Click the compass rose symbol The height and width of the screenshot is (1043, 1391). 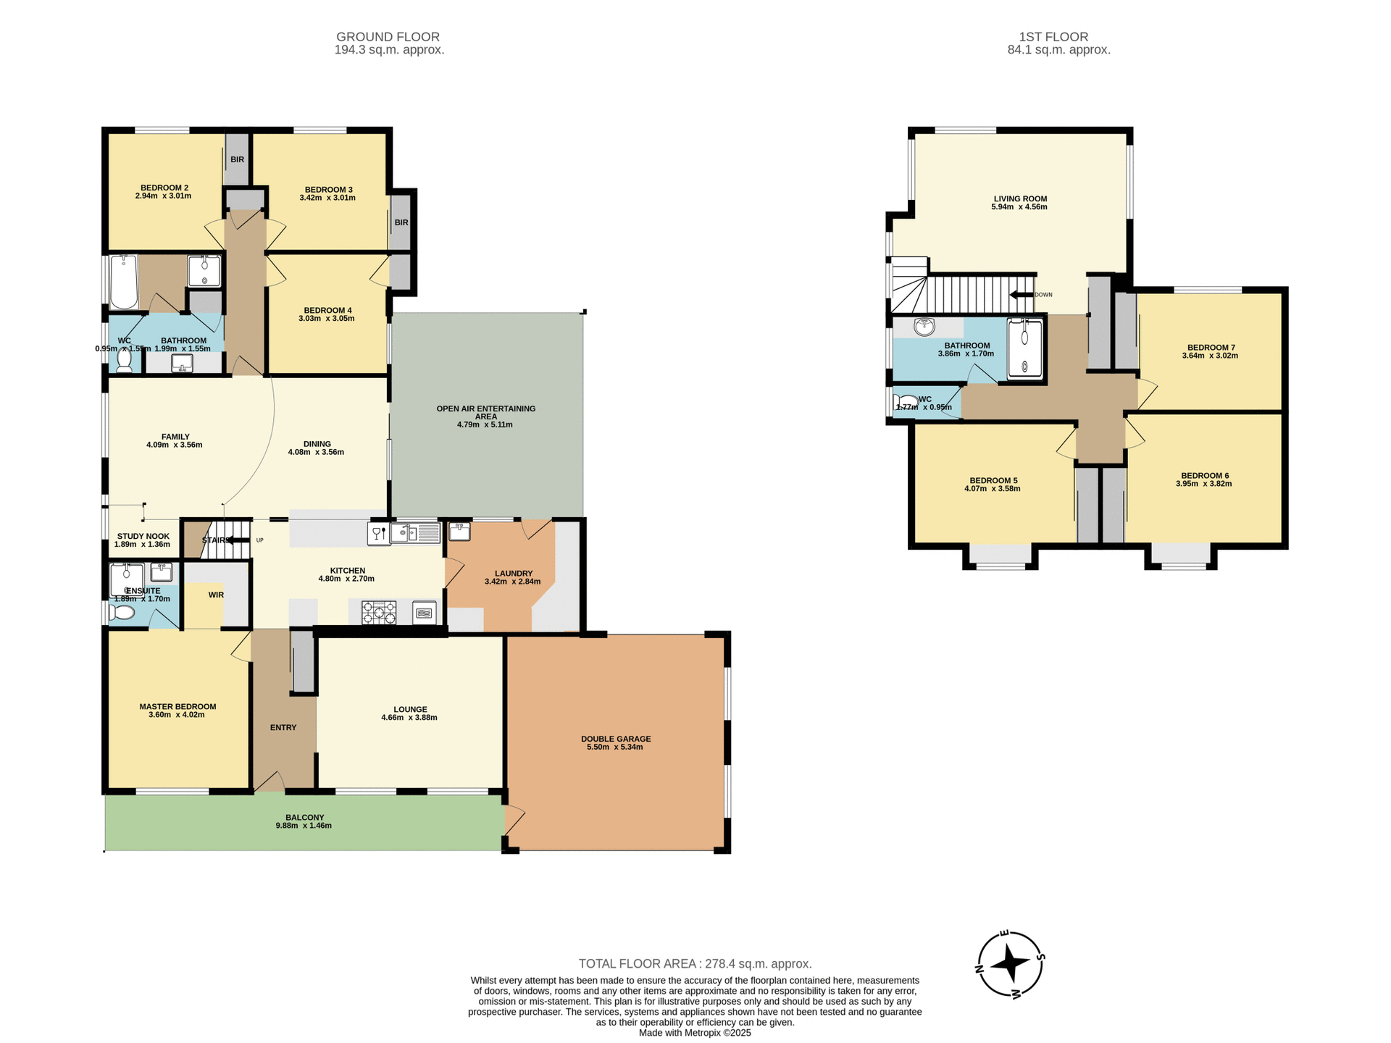tap(1010, 964)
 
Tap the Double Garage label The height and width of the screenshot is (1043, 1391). tap(616, 739)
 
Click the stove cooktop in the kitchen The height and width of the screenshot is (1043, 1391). tap(379, 613)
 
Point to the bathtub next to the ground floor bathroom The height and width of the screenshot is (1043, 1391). tap(124, 282)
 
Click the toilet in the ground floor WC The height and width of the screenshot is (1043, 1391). tap(125, 360)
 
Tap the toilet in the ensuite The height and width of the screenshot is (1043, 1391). tap(122, 613)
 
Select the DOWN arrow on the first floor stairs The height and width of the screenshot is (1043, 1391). tap(1022, 295)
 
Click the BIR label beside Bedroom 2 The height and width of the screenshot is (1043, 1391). tap(237, 160)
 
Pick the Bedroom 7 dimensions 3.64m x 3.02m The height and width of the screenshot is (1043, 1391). tap(1210, 356)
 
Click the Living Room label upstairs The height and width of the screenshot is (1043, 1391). tap(1020, 198)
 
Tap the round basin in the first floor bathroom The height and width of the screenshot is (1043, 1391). tap(924, 327)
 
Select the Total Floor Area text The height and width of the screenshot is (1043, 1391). tap(695, 963)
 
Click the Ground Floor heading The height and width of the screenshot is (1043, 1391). tap(388, 37)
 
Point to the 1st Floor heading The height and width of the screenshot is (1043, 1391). tap(1053, 37)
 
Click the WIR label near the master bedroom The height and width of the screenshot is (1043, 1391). tap(216, 595)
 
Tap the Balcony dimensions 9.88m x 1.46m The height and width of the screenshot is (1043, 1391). tap(304, 826)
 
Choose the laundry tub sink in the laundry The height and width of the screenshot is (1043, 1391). tap(459, 532)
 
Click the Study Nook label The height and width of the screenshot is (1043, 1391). tap(143, 537)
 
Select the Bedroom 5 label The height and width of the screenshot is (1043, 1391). tap(993, 480)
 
